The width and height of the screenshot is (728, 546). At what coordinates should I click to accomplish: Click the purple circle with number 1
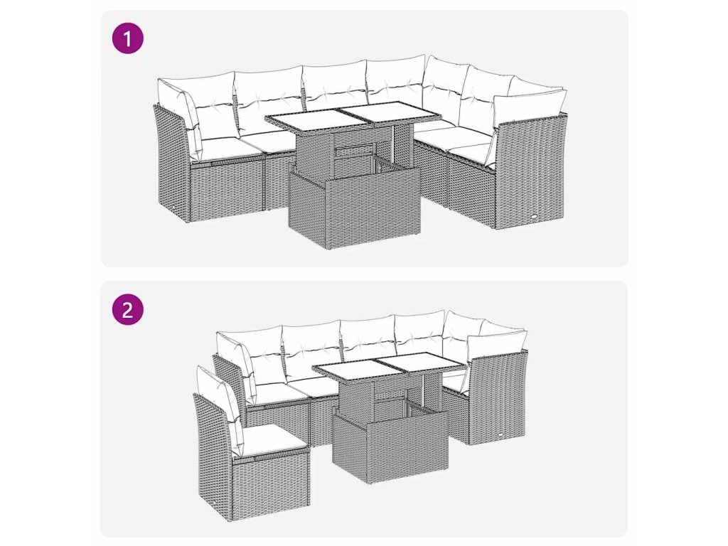[x=128, y=38]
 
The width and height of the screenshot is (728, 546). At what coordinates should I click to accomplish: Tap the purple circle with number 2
[x=128, y=309]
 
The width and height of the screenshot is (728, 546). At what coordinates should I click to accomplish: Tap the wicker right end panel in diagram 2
[x=498, y=397]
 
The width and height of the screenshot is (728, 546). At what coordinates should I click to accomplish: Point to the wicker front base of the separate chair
[x=270, y=488]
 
